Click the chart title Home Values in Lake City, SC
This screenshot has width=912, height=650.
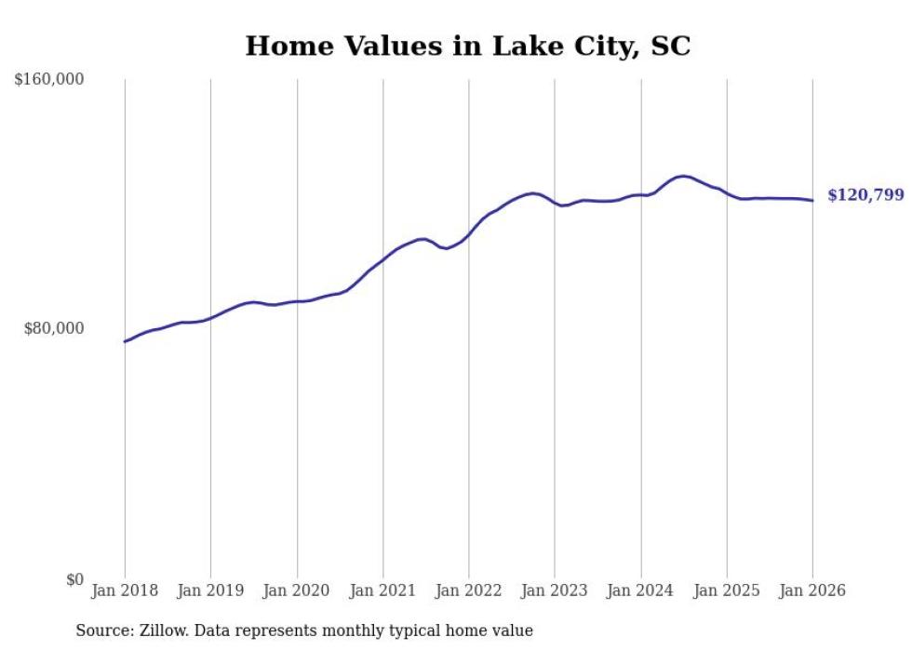(467, 46)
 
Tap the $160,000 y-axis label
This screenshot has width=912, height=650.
(49, 80)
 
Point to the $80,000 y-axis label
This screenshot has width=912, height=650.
(54, 328)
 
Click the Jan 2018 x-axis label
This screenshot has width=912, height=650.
(125, 590)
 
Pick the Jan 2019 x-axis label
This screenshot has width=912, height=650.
(210, 590)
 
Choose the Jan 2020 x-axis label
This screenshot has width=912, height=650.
(297, 590)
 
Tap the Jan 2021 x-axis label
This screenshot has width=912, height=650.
(382, 590)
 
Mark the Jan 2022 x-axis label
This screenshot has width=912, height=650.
(469, 590)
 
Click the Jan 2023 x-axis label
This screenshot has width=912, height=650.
(555, 590)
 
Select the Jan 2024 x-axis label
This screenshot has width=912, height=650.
(640, 590)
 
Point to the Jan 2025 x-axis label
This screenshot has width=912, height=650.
(727, 590)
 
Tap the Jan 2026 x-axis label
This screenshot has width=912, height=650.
(812, 590)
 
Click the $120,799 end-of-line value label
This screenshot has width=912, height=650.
(865, 195)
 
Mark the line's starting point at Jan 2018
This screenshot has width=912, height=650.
(125, 341)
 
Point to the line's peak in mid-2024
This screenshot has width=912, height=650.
(683, 176)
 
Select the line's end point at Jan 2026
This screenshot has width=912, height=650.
(812, 201)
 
